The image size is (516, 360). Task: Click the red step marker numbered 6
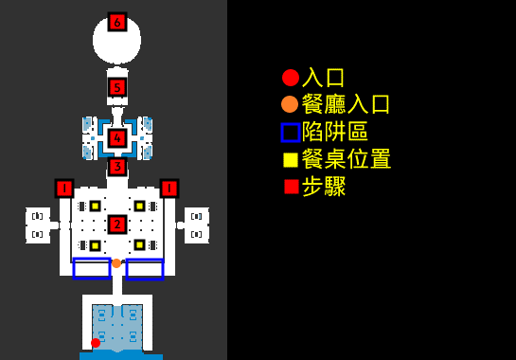coord(117,22)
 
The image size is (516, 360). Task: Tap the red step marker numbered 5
coord(117,88)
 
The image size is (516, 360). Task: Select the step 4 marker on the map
coord(117,138)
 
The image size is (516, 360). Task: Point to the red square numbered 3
coord(117,168)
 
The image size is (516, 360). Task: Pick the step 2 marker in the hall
coord(117,225)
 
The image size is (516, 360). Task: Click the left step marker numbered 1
coord(64,189)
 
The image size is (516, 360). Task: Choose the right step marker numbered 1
coord(169,189)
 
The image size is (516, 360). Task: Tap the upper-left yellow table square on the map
coord(95,206)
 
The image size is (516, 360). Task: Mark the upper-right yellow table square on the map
coord(139,206)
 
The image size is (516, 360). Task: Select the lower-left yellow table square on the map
coord(95,245)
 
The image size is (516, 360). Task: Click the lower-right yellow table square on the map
coord(139,245)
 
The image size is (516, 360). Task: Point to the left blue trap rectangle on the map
coord(92,269)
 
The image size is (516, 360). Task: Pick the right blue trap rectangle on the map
coord(145,269)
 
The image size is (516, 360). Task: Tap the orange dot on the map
coord(116,263)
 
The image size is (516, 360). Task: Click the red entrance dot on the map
coord(95,343)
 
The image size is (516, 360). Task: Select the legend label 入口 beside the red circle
coord(323,78)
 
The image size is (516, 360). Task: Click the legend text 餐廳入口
coord(346,104)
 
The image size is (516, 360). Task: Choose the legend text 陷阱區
coord(334,132)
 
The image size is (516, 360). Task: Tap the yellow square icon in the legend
coord(291,159)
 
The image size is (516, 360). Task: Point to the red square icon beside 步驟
coord(291,187)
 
